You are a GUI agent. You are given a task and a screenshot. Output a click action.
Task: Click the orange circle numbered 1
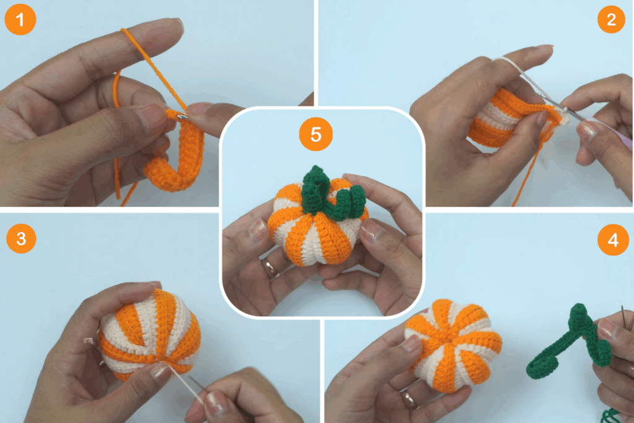click(20, 19)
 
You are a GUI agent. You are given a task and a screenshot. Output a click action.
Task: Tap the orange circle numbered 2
click(611, 19)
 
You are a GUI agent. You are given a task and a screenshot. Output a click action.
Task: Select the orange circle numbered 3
click(21, 238)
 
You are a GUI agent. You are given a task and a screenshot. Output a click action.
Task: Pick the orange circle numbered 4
click(613, 240)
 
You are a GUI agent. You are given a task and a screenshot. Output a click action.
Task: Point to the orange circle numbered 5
click(316, 134)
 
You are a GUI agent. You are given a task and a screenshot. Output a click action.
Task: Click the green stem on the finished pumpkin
click(332, 194)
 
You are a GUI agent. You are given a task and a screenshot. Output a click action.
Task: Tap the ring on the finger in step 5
click(270, 268)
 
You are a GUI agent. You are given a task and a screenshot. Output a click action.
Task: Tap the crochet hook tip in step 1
click(183, 118)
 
